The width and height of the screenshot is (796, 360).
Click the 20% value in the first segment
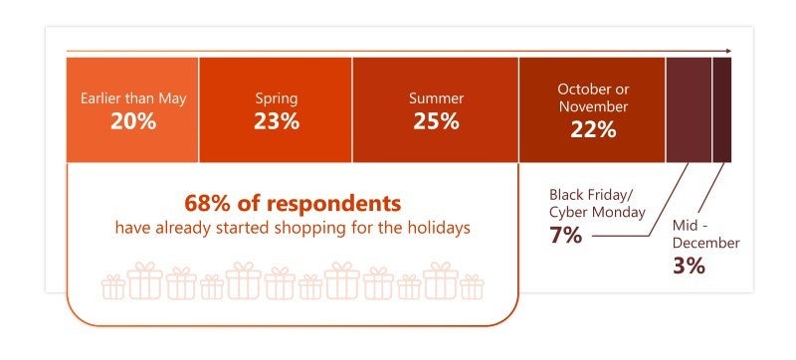point(132,122)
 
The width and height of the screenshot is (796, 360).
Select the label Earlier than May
point(132,98)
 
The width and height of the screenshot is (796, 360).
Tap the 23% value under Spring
point(276,122)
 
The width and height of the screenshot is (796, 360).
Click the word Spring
point(276,98)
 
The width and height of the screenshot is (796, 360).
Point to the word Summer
point(435,98)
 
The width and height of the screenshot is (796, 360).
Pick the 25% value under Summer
point(435,122)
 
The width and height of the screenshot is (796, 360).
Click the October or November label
point(592,97)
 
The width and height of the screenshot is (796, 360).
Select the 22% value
point(592,130)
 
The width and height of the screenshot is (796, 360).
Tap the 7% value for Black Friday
point(565,236)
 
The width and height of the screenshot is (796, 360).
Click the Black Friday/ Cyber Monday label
point(597,203)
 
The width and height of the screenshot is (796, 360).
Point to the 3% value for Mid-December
point(688,266)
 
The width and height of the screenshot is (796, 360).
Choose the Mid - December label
point(700,235)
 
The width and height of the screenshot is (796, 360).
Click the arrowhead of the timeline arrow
point(729,50)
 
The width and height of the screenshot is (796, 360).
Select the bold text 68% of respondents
point(292,204)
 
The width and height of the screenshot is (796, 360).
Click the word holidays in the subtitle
point(435,228)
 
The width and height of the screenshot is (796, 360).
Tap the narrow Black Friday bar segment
point(689,109)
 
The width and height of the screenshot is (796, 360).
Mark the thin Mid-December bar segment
point(722,109)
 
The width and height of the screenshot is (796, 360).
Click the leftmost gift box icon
point(113,287)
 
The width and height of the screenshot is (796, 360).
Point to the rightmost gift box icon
point(471,287)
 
